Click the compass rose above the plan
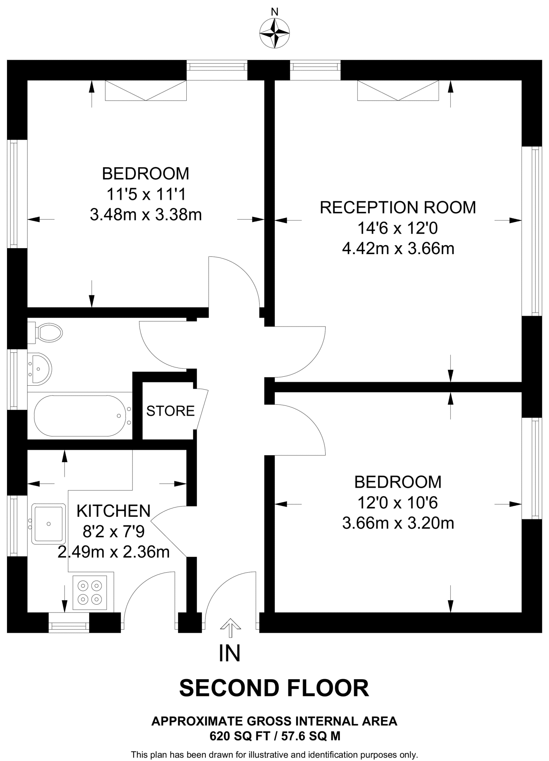pyautogui.click(x=274, y=33)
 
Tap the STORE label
pyautogui.click(x=170, y=411)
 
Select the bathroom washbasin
pyautogui.click(x=40, y=369)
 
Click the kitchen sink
pyautogui.click(x=48, y=524)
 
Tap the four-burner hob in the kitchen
pyautogui.click(x=89, y=593)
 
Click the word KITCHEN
pyautogui.click(x=114, y=511)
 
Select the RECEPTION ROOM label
pyautogui.click(x=398, y=207)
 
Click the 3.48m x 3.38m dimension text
pyautogui.click(x=146, y=215)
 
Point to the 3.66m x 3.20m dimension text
pyautogui.click(x=398, y=523)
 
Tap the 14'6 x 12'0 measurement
pyautogui.click(x=398, y=228)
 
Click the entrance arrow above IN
pyautogui.click(x=230, y=625)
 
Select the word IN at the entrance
pyautogui.click(x=230, y=654)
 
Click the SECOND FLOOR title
pyautogui.click(x=274, y=688)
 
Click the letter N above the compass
pyautogui.click(x=274, y=12)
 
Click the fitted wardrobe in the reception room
pyautogui.click(x=398, y=91)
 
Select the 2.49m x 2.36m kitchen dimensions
pyautogui.click(x=114, y=552)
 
